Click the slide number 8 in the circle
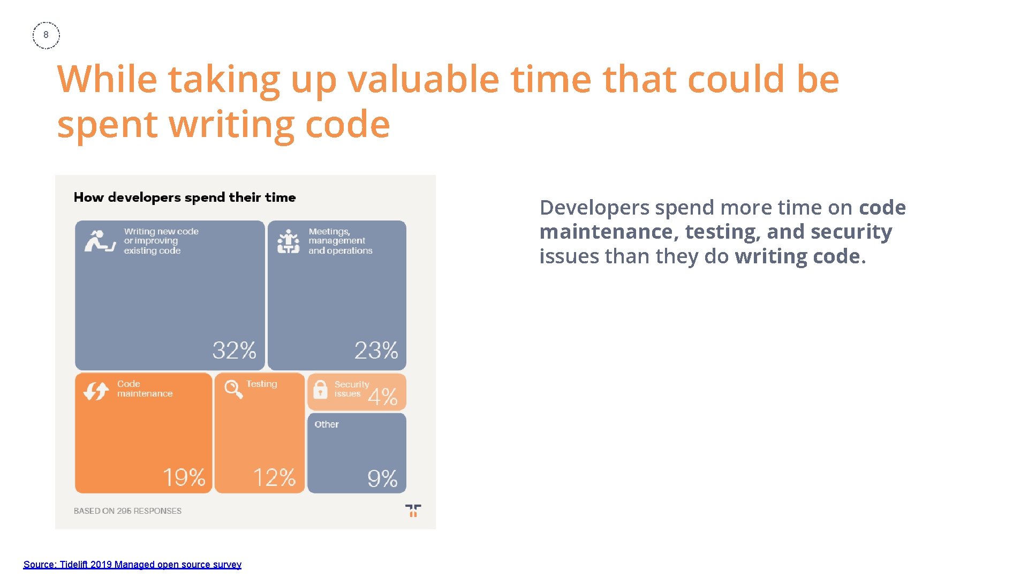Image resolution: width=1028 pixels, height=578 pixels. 46,35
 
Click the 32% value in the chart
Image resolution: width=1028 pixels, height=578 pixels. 234,351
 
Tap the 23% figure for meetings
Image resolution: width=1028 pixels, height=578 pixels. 376,351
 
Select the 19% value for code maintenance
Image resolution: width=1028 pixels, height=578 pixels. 184,477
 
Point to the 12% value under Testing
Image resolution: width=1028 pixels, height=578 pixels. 274,477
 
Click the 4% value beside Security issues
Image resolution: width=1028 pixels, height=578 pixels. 382,397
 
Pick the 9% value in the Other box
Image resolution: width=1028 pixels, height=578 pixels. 382,478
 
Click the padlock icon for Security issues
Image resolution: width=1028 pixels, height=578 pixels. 320,390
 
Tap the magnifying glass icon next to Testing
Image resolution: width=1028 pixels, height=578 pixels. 233,389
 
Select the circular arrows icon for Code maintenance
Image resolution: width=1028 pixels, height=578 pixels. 96,391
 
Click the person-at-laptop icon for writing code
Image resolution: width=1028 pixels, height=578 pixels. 100,241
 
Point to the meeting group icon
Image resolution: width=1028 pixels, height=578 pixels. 288,241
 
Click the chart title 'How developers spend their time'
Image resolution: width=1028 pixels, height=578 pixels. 185,197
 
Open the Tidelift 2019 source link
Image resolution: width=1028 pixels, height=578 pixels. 132,565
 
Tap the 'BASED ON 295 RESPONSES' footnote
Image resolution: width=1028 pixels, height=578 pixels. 127,511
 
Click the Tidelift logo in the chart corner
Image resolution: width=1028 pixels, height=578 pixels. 413,511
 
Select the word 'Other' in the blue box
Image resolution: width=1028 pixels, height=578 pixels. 326,424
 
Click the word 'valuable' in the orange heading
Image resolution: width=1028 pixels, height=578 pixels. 424,79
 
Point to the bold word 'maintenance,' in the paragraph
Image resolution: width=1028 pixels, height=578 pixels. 609,232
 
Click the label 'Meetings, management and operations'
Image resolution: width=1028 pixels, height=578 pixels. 340,241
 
